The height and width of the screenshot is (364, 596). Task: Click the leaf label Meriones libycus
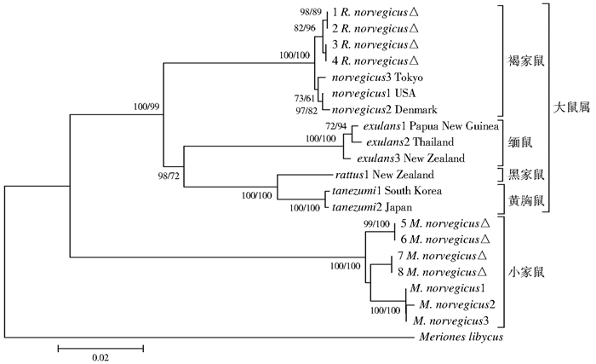pos(457,337)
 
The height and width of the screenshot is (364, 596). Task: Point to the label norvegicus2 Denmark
pos(372,109)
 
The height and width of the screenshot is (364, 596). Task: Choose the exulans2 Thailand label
pos(399,142)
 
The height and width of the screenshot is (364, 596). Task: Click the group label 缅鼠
pos(517,142)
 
